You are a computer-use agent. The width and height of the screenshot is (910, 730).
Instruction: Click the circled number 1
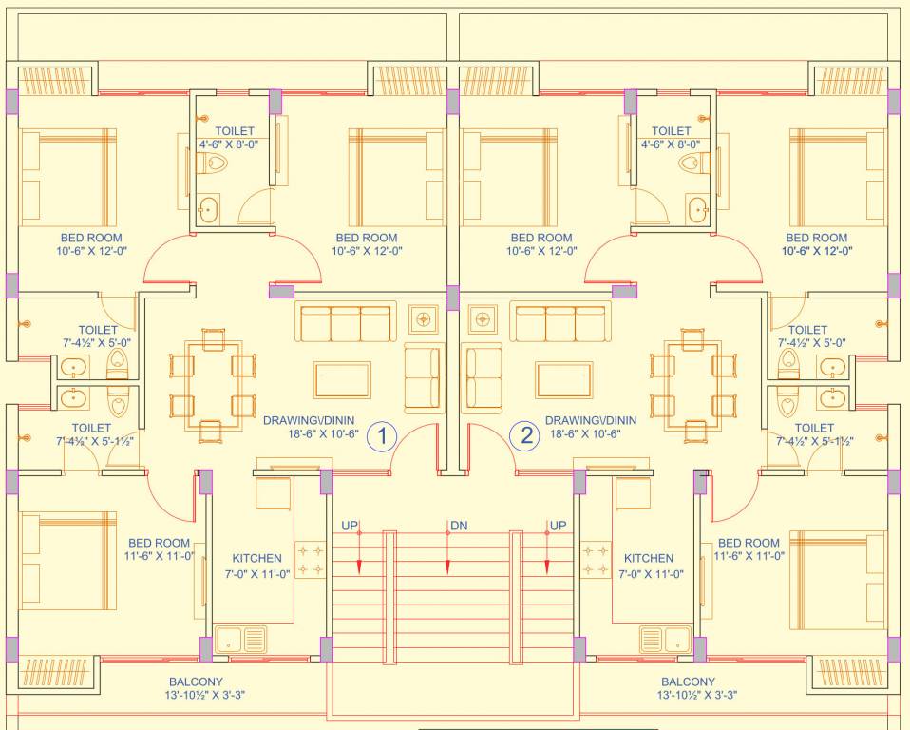[x=382, y=436]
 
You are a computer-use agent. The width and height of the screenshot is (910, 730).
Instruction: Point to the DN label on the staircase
[x=459, y=526]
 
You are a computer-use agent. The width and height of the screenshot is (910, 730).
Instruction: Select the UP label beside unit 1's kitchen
[x=350, y=526]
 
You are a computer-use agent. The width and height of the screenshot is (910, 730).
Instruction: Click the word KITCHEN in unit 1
[x=256, y=559]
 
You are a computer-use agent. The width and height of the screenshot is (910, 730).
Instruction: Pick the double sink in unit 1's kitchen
[x=241, y=639]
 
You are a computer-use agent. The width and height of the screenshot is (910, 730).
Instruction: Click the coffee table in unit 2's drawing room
[x=564, y=378]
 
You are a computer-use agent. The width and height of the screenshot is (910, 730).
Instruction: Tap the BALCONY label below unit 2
[x=689, y=682]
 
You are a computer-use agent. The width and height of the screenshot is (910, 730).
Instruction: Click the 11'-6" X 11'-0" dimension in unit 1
[x=159, y=556]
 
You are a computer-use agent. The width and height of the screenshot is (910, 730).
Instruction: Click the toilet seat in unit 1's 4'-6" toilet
[x=216, y=164]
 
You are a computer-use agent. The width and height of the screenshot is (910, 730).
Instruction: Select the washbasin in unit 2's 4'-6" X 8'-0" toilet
[x=698, y=207]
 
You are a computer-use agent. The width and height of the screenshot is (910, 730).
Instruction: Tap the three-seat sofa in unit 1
[x=345, y=323]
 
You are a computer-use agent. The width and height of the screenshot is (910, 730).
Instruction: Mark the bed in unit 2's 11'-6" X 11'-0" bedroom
[x=836, y=580]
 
